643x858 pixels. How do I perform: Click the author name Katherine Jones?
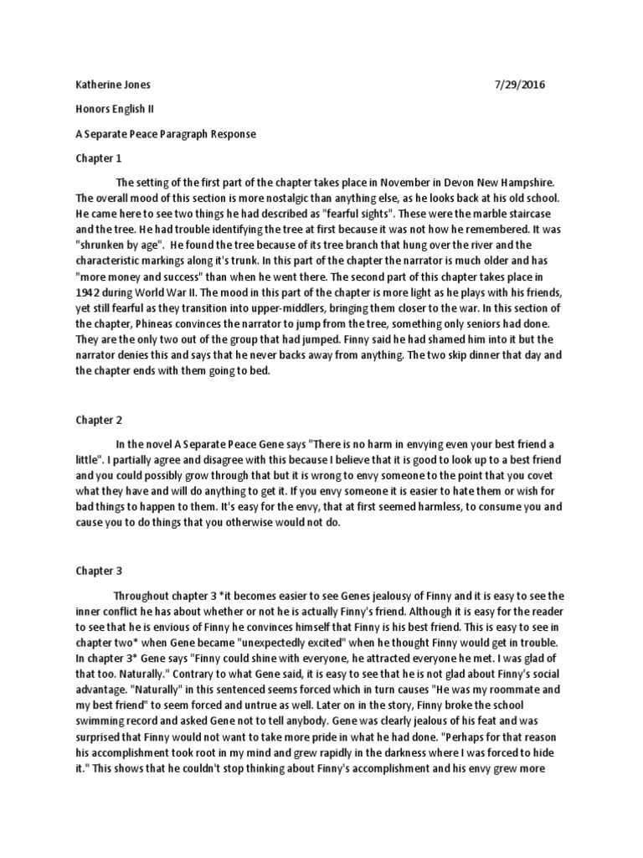108,85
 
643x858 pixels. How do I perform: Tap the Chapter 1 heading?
99,158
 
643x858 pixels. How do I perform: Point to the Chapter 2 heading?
99,420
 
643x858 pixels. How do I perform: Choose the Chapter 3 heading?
99,571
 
